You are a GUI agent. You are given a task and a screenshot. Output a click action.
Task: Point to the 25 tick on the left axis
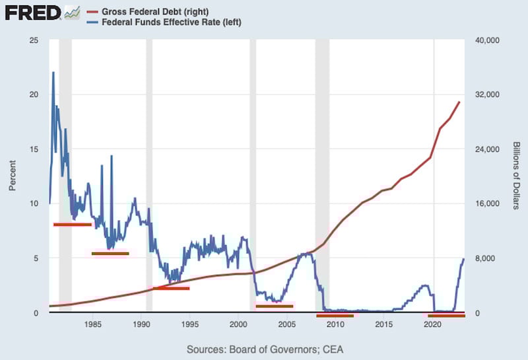(34, 40)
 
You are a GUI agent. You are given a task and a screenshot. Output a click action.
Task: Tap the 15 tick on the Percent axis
(34, 149)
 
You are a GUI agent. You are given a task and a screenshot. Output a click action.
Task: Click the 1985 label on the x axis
(92, 324)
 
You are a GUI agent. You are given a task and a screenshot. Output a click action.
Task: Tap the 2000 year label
(238, 324)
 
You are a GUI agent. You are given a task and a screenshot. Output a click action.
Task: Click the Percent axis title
(12, 176)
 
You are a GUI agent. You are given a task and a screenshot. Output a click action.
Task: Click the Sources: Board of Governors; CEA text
(265, 349)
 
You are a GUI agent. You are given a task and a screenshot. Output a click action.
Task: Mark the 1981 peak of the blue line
(53, 73)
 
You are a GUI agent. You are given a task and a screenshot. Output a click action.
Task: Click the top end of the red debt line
(459, 102)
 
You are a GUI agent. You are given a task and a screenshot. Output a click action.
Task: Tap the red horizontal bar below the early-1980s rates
(72, 225)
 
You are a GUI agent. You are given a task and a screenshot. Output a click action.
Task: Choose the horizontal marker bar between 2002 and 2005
(274, 306)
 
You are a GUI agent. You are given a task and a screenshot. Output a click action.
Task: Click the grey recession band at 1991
(149, 176)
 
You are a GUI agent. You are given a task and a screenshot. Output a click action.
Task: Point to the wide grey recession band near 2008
(322, 176)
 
